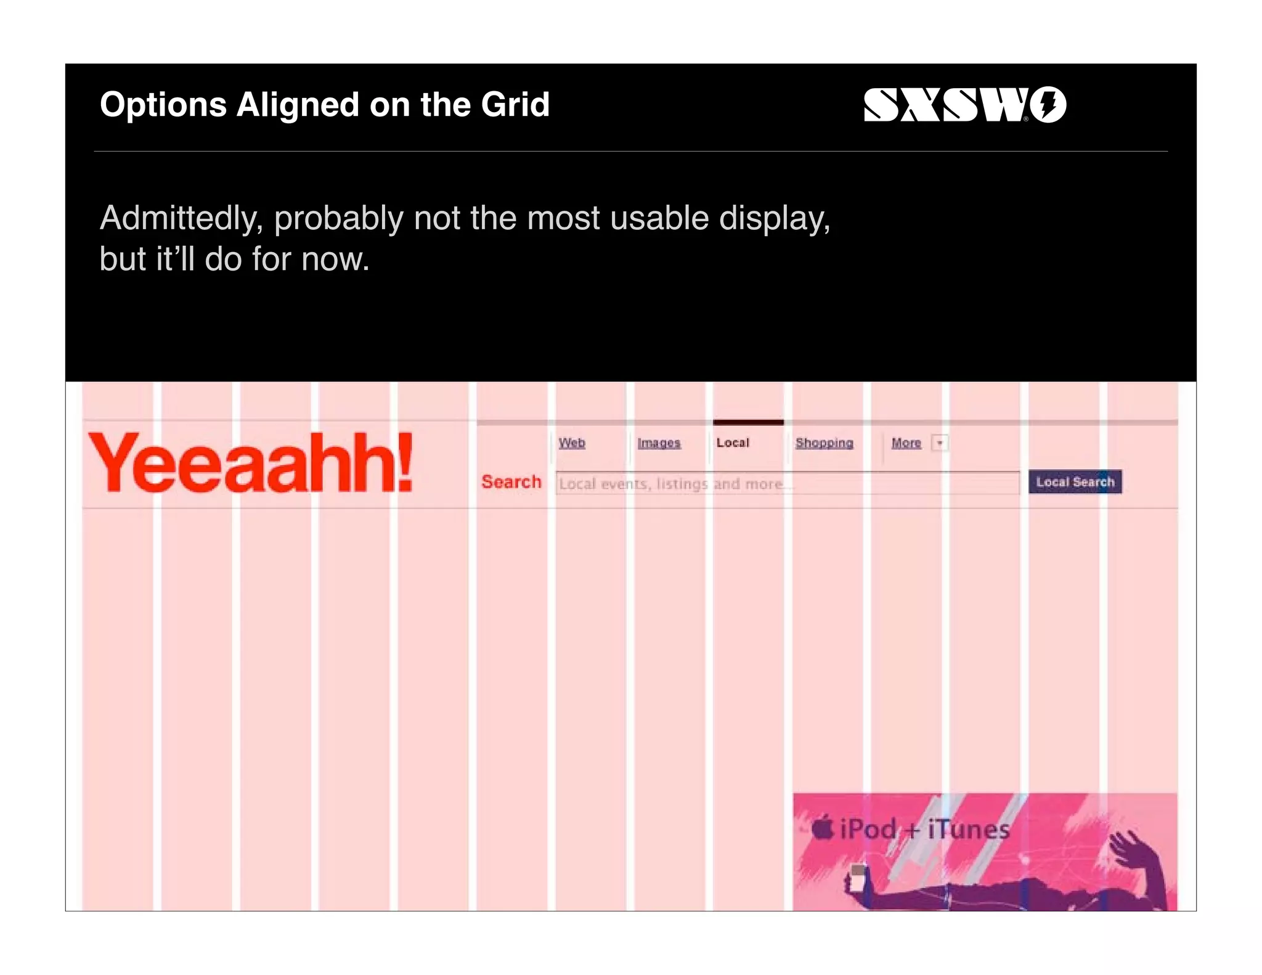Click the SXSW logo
[x=964, y=105]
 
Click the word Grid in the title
[x=515, y=105]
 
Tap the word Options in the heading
[x=163, y=105]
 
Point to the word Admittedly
[x=182, y=218]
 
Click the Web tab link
[x=572, y=443]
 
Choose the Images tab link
[x=659, y=443]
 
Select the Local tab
[x=733, y=443]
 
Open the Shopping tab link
[x=824, y=443]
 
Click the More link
[x=906, y=443]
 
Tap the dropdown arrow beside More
[x=940, y=443]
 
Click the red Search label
[x=511, y=482]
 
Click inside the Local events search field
[x=788, y=483]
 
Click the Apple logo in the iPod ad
[x=822, y=827]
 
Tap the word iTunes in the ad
[x=969, y=829]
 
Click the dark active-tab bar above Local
[x=748, y=422]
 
